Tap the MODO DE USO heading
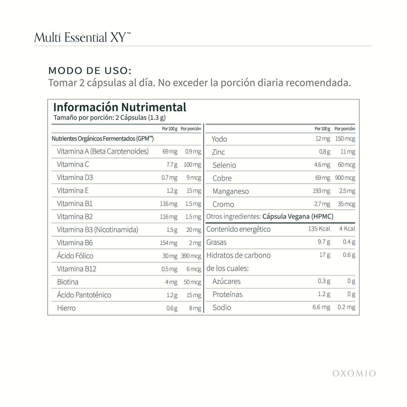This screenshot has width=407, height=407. coord(90,70)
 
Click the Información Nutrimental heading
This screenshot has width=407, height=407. coord(120,107)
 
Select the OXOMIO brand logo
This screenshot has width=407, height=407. coord(354,373)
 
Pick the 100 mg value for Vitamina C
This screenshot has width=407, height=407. coord(192,164)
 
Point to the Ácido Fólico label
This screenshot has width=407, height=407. coord(75,256)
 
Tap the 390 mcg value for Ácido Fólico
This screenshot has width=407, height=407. coord(191,256)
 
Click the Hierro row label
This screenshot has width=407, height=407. coord(66,308)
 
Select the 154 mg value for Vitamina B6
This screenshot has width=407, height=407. coord(169,243)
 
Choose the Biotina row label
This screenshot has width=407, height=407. coord(68,282)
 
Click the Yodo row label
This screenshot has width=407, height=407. coord(219,139)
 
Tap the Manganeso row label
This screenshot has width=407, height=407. coord(231,192)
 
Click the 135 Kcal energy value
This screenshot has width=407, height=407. coord(319,229)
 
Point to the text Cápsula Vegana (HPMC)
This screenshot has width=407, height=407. coord(298,217)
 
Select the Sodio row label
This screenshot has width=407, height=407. coord(222,308)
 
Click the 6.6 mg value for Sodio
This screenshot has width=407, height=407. coord(321,307)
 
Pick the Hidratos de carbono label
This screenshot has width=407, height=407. coord(239,255)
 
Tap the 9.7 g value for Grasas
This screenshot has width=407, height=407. coord(324,242)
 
